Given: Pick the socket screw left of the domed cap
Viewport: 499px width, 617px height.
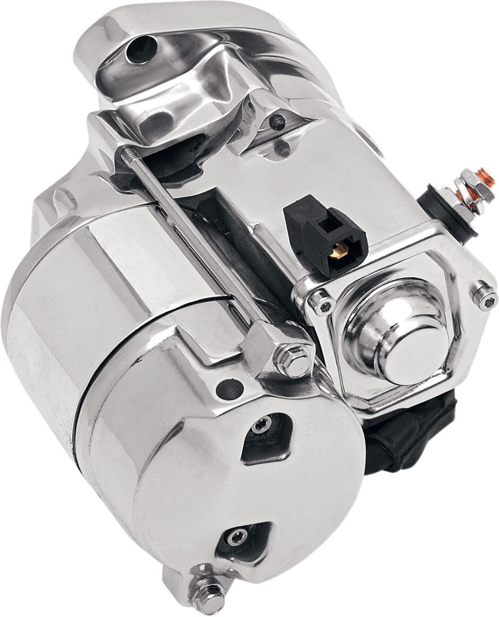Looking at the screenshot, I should pyautogui.click(x=320, y=302).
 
